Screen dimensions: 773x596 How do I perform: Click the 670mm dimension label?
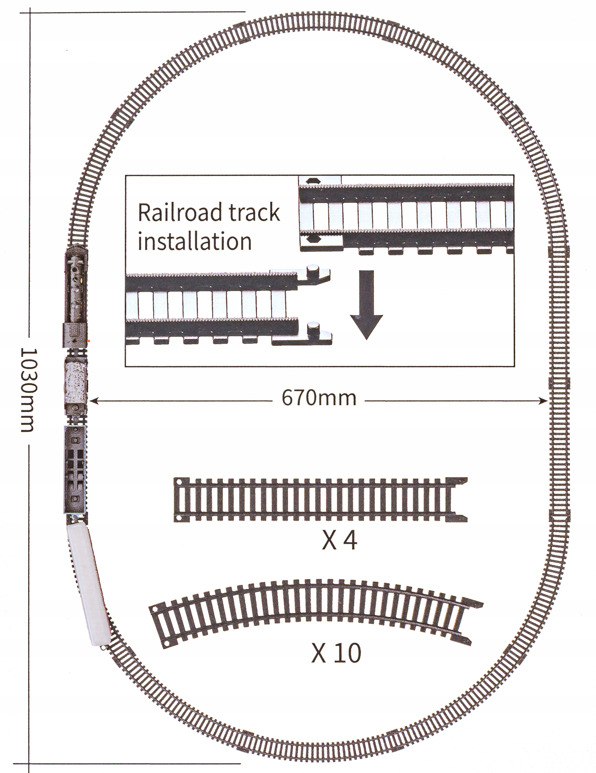click(x=319, y=398)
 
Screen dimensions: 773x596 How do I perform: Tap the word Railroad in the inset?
click(x=179, y=212)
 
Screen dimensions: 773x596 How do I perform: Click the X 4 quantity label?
click(x=339, y=541)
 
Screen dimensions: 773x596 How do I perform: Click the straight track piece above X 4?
click(x=320, y=500)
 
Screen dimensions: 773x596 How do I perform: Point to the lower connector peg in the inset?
click(x=312, y=327)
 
